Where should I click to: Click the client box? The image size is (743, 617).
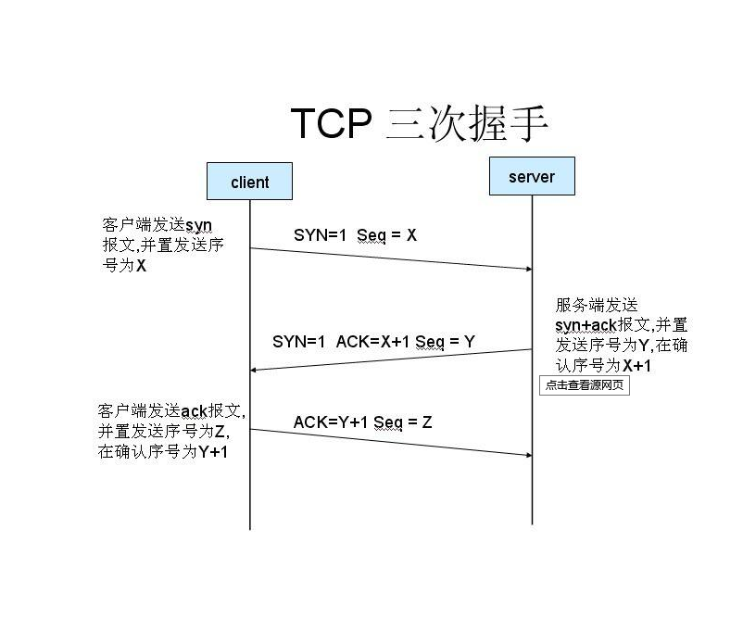coord(249,182)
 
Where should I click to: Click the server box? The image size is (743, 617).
coord(532,176)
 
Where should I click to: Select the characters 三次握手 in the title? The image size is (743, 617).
coord(466,123)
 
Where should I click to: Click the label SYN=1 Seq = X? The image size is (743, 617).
coord(355,235)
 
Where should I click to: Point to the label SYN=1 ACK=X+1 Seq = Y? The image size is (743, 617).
coord(373,342)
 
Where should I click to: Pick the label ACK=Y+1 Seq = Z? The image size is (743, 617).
coord(362,422)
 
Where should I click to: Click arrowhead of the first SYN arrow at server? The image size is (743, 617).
coord(527,269)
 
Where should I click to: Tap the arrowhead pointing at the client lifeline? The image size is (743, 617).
coord(256,370)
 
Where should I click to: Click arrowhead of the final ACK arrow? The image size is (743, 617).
coord(527,455)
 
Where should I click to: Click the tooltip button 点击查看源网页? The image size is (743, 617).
coord(585,385)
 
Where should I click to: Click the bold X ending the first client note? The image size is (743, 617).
coord(141,266)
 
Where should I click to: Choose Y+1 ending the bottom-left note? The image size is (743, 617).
coord(214,452)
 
